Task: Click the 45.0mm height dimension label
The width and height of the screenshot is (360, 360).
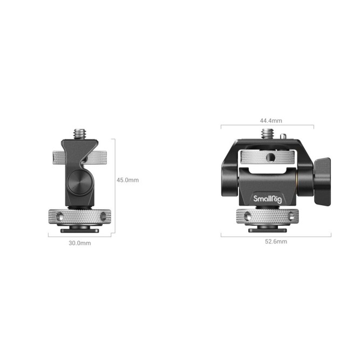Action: tap(127, 180)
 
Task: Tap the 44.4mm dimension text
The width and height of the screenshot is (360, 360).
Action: tap(267, 121)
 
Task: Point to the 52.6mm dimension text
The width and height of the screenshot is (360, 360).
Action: tap(276, 242)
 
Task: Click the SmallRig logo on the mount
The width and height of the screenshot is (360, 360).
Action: tap(267, 199)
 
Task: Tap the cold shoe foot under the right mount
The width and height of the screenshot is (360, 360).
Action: tap(268, 229)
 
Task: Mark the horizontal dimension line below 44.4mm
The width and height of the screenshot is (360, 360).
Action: tap(267, 126)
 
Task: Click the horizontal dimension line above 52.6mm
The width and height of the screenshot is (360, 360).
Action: tap(276, 235)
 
